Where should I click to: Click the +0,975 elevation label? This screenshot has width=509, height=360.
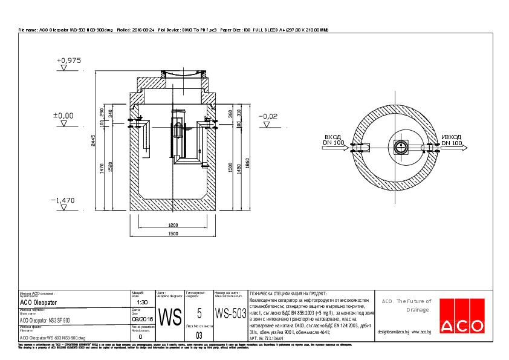(x=68, y=61)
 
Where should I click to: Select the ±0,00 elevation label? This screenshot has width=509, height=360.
(x=63, y=115)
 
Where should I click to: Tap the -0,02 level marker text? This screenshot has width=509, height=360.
(x=268, y=116)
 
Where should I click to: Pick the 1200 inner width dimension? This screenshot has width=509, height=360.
(x=173, y=225)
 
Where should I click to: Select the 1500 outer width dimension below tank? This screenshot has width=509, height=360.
(x=173, y=234)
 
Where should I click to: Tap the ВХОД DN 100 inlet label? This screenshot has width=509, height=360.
(x=334, y=140)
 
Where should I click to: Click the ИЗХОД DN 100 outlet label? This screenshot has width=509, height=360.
(x=452, y=140)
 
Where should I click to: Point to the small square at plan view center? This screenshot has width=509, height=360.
(x=401, y=147)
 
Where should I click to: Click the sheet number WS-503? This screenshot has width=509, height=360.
(x=230, y=314)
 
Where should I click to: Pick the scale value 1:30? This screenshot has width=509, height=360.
(x=143, y=302)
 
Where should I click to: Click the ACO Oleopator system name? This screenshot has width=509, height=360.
(x=38, y=302)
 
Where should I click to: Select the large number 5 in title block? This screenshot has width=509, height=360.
(x=199, y=313)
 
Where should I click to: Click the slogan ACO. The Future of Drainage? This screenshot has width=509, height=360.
(x=406, y=305)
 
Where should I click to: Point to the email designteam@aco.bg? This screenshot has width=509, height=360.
(x=394, y=332)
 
